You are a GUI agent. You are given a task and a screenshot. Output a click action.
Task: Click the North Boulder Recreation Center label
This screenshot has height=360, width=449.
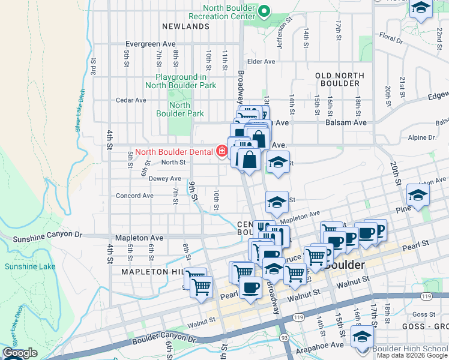(221, 11)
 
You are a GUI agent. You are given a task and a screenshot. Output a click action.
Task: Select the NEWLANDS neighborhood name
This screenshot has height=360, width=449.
(185, 26)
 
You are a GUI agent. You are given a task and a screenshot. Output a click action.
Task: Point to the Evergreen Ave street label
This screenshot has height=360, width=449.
(150, 44)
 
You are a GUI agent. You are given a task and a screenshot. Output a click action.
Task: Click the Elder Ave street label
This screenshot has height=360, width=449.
(261, 61)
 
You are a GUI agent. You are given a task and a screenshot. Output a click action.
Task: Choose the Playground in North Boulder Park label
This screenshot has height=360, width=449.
(185, 81)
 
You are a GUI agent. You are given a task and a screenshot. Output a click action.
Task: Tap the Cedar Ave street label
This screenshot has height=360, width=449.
(131, 100)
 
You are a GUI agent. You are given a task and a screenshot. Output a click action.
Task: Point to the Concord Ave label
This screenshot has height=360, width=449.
(134, 196)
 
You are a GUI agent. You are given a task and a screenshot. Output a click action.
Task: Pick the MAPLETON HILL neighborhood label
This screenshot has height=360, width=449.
(152, 272)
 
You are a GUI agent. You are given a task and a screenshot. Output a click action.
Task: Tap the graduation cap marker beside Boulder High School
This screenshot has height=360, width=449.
(363, 337)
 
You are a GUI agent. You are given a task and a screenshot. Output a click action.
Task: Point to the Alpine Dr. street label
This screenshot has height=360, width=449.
(424, 137)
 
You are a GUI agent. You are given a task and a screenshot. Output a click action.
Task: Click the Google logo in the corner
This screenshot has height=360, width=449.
(20, 353)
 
